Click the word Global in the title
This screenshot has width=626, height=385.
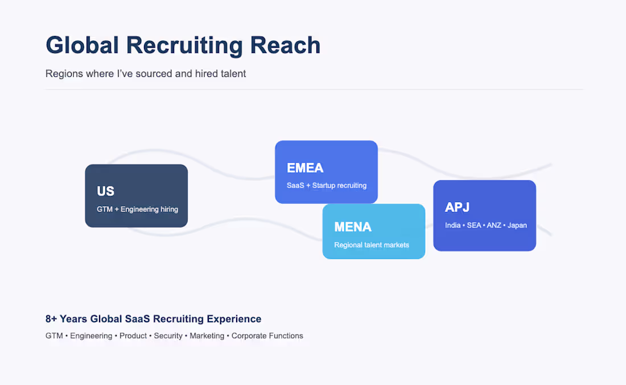(83, 45)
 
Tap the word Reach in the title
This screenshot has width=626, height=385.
(285, 45)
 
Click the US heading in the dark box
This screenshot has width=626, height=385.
(105, 191)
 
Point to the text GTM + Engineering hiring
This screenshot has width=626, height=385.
(137, 209)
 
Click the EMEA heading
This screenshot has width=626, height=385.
(305, 168)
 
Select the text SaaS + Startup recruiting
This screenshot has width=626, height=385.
(327, 185)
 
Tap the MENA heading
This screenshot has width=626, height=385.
(353, 227)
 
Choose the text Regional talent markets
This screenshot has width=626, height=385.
(372, 245)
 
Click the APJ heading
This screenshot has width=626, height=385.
(457, 207)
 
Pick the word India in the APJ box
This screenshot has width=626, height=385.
(453, 226)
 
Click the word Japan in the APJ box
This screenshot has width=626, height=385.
(517, 226)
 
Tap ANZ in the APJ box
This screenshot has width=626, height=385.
(494, 226)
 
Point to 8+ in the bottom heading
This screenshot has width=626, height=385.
(51, 319)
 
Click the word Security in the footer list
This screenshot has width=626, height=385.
(168, 336)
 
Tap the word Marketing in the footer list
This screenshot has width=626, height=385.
(207, 336)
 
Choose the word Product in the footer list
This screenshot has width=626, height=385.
(133, 336)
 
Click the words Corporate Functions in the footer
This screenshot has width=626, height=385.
(267, 336)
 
